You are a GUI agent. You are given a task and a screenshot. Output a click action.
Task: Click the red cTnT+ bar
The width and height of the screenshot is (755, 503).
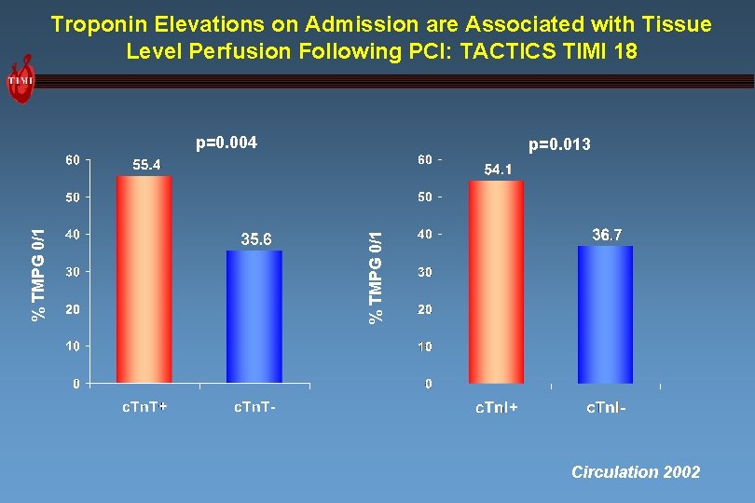coord(144,279)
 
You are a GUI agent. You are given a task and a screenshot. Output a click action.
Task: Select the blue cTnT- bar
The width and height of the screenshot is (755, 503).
coord(254,317)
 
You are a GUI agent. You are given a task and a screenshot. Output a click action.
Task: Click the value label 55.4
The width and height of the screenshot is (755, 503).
coord(145,165)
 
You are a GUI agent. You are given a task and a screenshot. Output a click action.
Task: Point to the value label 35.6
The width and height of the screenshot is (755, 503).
coord(256,239)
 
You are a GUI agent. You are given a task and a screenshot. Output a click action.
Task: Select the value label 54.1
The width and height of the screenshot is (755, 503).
coord(498,170)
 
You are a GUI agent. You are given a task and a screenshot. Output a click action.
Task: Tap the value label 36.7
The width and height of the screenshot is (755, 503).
coord(607,236)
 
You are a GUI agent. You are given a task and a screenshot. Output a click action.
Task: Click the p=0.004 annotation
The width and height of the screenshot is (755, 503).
coord(226,143)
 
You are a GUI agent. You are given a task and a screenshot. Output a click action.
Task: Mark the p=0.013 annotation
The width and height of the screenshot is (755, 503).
coord(559,144)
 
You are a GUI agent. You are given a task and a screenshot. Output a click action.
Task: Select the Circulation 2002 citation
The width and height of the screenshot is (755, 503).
coord(636,472)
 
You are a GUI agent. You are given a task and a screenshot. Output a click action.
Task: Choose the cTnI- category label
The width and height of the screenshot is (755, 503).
coord(606,408)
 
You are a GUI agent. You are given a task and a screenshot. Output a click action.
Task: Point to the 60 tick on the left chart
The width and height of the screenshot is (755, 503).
coord(72,160)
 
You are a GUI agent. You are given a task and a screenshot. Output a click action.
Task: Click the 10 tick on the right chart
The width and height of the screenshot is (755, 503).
coord(424,347)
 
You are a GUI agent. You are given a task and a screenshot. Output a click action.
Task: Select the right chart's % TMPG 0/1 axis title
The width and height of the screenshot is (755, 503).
coord(375,278)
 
